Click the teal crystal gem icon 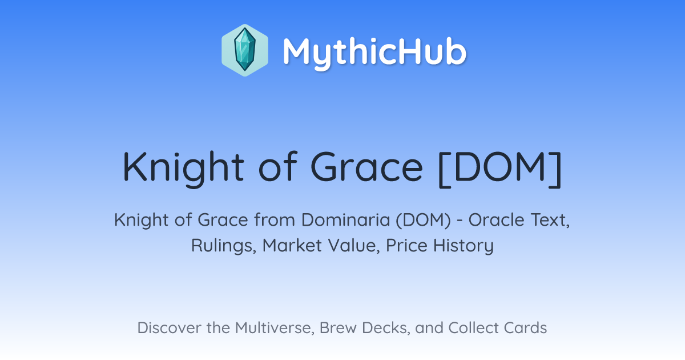point(245,50)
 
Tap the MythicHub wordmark point(374,52)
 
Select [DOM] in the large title point(500,169)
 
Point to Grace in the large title point(366,167)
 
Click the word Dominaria point(345,220)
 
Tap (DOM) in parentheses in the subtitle point(423,220)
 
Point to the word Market point(292,246)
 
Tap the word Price point(406,246)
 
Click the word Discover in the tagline point(169,328)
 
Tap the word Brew point(338,328)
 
